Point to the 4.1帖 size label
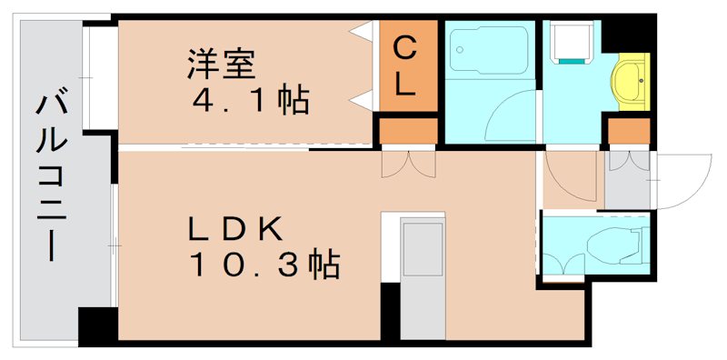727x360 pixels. pyautogui.click(x=249, y=99)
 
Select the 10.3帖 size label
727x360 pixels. pyautogui.click(x=264, y=265)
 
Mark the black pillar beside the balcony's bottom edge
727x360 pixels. pyautogui.click(x=97, y=325)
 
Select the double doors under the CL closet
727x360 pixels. pyautogui.click(x=408, y=164)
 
